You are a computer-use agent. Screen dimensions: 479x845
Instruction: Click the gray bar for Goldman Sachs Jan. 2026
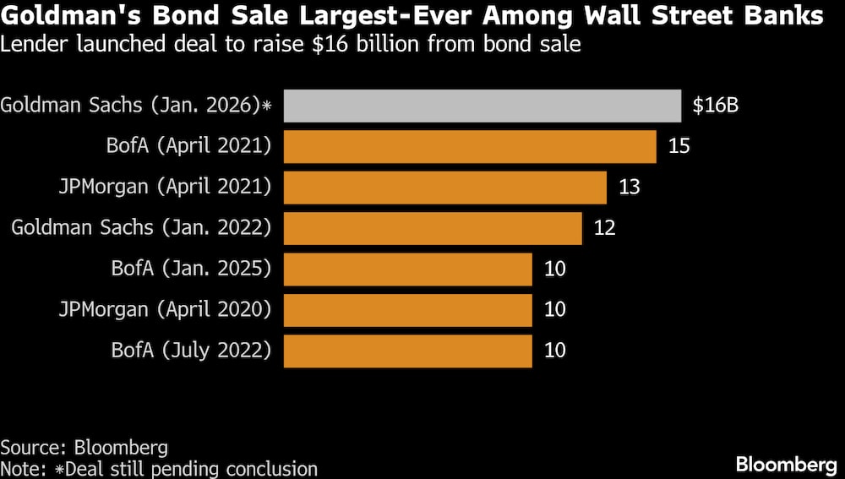pyautogui.click(x=482, y=106)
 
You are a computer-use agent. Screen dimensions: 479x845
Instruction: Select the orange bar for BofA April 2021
pyautogui.click(x=470, y=146)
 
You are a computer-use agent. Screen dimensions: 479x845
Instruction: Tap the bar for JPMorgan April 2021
pyautogui.click(x=444, y=187)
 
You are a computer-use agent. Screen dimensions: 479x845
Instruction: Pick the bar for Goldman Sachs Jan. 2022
pyautogui.click(x=433, y=228)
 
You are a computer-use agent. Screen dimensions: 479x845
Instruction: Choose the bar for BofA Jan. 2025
pyautogui.click(x=407, y=269)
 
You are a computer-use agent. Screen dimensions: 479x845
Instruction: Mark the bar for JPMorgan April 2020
pyautogui.click(x=407, y=310)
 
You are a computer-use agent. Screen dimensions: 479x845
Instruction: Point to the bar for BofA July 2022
pyautogui.click(x=407, y=351)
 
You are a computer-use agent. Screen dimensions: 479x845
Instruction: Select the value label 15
pyautogui.click(x=679, y=146)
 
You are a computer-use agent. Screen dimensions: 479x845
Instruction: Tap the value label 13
pyautogui.click(x=630, y=187)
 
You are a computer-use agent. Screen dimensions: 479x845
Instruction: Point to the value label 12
pyautogui.click(x=604, y=228)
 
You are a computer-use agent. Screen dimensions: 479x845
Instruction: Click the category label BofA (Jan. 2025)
pyautogui.click(x=191, y=269)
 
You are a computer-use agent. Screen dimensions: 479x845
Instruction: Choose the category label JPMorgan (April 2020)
pyautogui.click(x=165, y=310)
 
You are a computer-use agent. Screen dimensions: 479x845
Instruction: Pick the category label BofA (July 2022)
pyautogui.click(x=191, y=351)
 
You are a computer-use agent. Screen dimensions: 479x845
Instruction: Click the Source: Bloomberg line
pyautogui.click(x=84, y=448)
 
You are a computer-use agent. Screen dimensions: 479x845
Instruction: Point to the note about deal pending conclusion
pyautogui.click(x=159, y=469)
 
